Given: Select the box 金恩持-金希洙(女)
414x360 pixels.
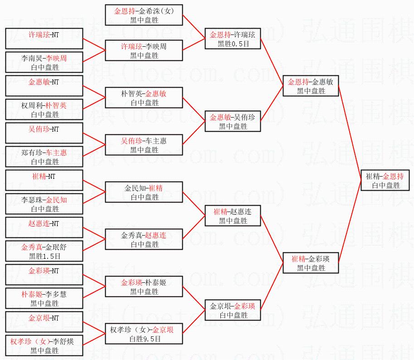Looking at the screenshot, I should coord(144,15).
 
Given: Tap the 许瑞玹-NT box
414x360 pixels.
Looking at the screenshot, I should coord(44,39).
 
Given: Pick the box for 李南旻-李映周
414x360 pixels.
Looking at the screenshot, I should coord(44,62).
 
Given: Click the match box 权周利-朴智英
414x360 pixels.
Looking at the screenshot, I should coord(44,109).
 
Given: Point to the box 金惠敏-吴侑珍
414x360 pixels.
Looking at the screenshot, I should coord(233,121).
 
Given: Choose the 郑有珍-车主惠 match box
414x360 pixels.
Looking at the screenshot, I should coord(44,157).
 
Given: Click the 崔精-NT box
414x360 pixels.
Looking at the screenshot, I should coord(44,180).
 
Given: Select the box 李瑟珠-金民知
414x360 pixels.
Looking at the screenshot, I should coord(44,204).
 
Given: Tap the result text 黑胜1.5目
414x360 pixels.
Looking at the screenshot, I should coord(44,256).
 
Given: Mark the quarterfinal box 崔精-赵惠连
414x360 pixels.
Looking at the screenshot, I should coord(233,216).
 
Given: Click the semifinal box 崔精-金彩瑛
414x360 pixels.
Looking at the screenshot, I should coord(311,263).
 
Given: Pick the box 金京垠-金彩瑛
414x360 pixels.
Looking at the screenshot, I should coord(233,310).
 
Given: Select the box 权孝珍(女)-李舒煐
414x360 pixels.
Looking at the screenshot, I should coord(44,345).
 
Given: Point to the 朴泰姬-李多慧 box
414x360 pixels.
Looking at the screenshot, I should coord(44,298).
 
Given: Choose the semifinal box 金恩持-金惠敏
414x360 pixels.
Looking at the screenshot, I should coord(311,86).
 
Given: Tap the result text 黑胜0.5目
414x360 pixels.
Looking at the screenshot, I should coord(233,44).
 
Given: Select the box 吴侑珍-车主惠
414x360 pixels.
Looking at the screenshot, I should coord(144,145).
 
